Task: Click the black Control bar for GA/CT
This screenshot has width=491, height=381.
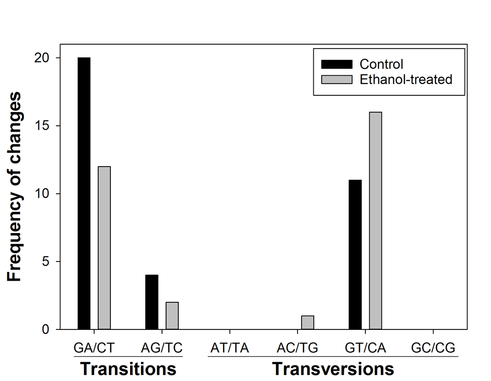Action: (x=84, y=193)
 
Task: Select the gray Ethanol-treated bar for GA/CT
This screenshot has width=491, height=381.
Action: (x=104, y=248)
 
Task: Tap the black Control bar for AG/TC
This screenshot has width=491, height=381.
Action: (x=152, y=302)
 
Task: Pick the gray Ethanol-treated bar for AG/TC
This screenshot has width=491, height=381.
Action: (x=172, y=316)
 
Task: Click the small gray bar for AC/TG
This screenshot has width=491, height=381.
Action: (x=307, y=322)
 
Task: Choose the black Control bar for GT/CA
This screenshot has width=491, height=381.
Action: (x=355, y=255)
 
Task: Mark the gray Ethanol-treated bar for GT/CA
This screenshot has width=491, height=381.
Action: (x=376, y=221)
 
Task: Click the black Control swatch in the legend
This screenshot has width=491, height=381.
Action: (x=336, y=64)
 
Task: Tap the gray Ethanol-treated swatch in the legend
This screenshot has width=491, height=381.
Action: (x=336, y=79)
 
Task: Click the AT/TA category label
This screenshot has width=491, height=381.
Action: (x=230, y=349)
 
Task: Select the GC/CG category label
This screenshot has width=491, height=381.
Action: (x=433, y=349)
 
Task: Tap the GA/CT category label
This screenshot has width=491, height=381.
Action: (x=94, y=349)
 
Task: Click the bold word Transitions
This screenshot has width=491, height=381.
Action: (x=128, y=369)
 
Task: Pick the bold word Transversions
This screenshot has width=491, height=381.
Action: (x=333, y=369)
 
